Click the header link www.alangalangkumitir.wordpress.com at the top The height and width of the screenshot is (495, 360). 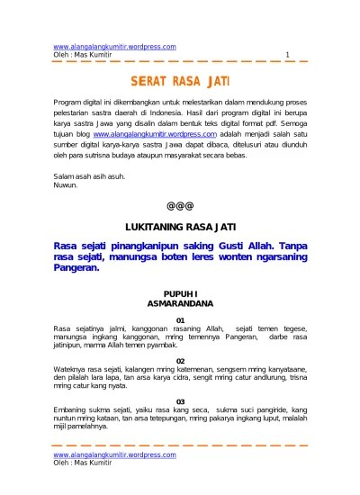(115, 46)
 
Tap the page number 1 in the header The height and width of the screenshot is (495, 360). (286, 55)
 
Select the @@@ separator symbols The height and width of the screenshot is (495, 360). (179, 204)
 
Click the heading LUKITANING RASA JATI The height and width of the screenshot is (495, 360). (179, 226)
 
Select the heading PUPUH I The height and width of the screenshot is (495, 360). (179, 294)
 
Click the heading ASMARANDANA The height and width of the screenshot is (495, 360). (179, 304)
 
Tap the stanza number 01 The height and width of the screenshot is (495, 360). (180, 320)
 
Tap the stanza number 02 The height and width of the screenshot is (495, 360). (180, 361)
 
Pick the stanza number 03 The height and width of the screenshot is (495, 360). (180, 401)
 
